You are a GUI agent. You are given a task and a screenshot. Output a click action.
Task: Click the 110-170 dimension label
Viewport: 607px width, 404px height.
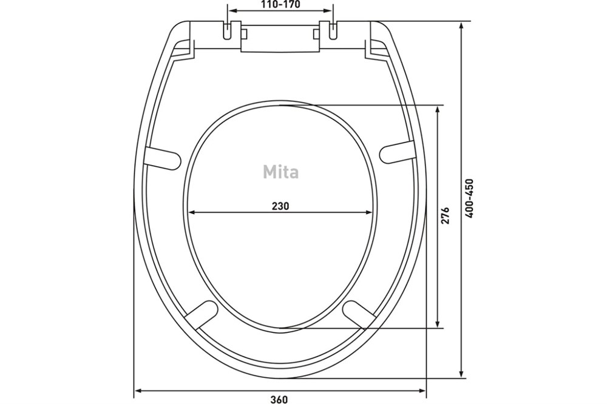coord(280,5)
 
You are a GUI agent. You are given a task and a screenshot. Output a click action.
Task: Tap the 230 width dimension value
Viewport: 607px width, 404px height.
coord(280,206)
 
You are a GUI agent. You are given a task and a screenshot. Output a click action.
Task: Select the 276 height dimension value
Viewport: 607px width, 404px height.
coord(445,215)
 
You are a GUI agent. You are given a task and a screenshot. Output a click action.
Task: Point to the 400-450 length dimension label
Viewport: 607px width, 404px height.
coord(470,198)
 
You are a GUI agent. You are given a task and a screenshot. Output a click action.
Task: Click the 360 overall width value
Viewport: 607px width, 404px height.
coord(279,399)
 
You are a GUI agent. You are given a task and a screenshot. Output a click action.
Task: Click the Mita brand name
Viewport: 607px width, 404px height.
coord(280,172)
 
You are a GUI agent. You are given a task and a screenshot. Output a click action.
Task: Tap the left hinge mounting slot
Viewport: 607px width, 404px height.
coord(228,30)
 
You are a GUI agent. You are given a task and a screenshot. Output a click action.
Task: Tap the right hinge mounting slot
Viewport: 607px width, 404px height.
coord(333,30)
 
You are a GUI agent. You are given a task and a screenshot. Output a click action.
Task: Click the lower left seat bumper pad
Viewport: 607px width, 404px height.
coord(202,314)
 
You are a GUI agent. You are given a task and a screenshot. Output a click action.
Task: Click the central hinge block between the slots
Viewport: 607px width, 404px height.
coord(280,38)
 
